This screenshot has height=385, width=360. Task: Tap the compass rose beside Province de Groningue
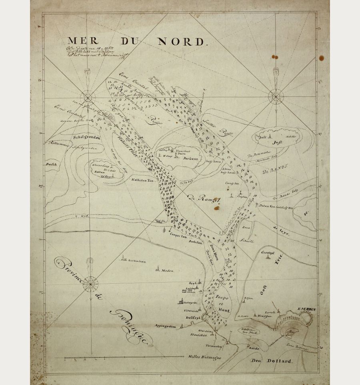point(91,283)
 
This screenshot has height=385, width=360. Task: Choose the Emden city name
point(307,309)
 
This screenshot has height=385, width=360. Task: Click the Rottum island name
point(99,172)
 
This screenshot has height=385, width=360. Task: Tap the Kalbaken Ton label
point(143,180)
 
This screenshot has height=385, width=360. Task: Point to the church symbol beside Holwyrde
point(181,301)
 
